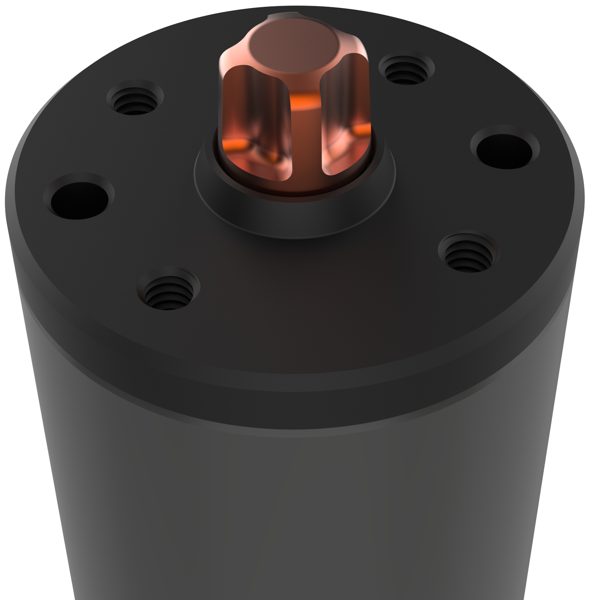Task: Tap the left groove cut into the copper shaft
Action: [256, 120]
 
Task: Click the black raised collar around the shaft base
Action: [294, 216]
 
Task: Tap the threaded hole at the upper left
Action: [135, 100]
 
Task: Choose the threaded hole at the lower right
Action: [468, 254]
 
